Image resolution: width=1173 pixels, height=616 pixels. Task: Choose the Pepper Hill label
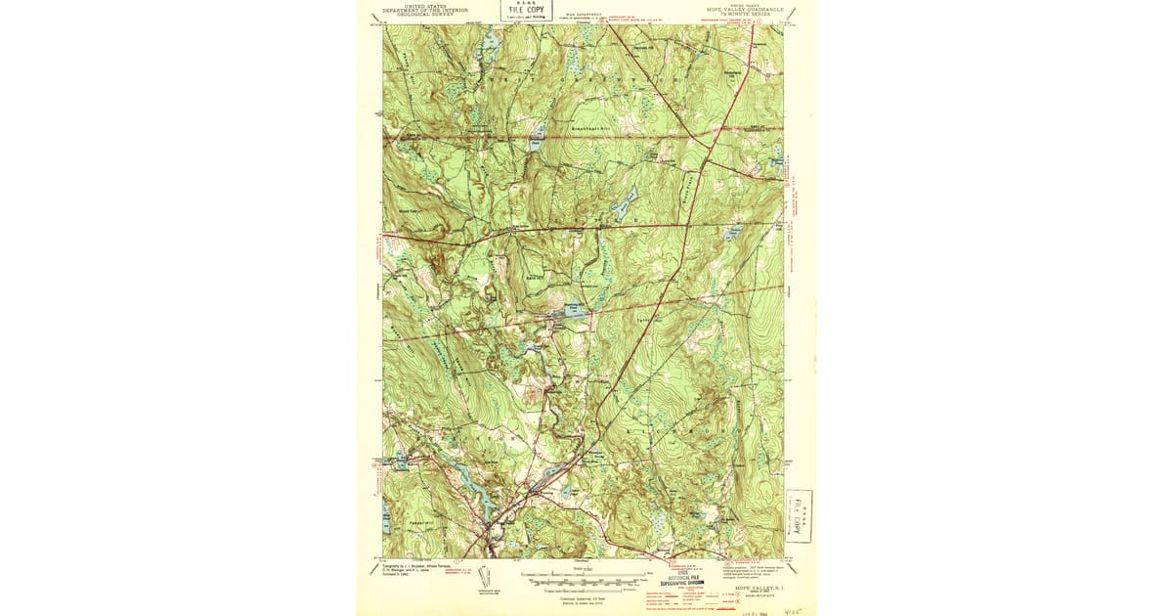pos(408,525)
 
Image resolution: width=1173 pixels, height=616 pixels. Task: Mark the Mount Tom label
pos(410,209)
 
